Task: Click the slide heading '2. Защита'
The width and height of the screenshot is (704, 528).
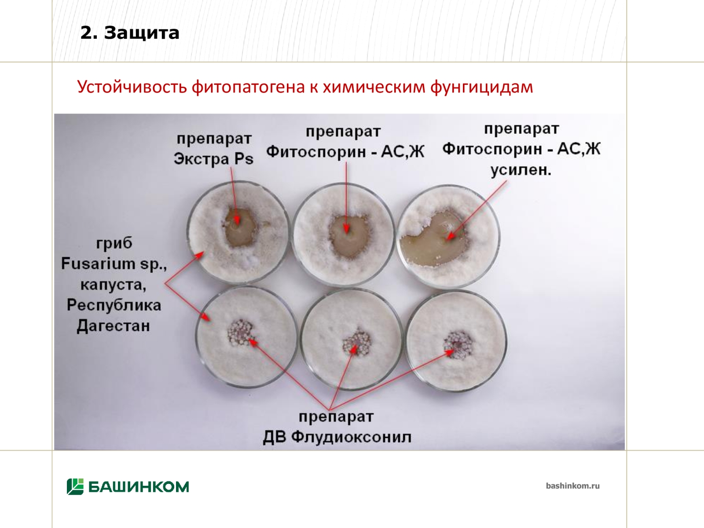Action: coord(129,33)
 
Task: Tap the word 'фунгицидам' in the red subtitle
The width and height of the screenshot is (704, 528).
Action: coord(481,87)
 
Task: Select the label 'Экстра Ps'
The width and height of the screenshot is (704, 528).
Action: coord(213,159)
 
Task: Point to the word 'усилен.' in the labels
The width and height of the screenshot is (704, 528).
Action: coord(521,170)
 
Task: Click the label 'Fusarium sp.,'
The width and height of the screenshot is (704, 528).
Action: coord(114,264)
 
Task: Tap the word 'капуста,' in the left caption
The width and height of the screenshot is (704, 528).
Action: coord(114,284)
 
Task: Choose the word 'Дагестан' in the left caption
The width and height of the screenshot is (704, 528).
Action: coord(113,326)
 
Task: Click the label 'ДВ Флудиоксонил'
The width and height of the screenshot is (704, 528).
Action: coord(337,437)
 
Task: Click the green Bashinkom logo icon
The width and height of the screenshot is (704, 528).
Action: coord(75,486)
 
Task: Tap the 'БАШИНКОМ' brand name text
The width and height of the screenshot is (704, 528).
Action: coord(139,487)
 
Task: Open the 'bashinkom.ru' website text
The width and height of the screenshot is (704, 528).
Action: coord(572,486)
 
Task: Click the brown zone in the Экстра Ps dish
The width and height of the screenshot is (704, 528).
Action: coord(240,227)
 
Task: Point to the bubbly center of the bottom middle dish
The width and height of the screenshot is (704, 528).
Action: coord(356,343)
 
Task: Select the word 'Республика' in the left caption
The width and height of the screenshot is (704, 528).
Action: coord(114,305)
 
